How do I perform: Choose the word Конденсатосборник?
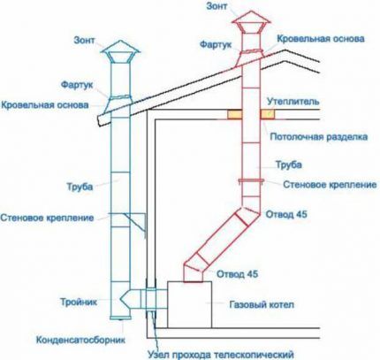point(73,338)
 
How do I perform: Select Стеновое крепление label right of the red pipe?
point(317,185)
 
